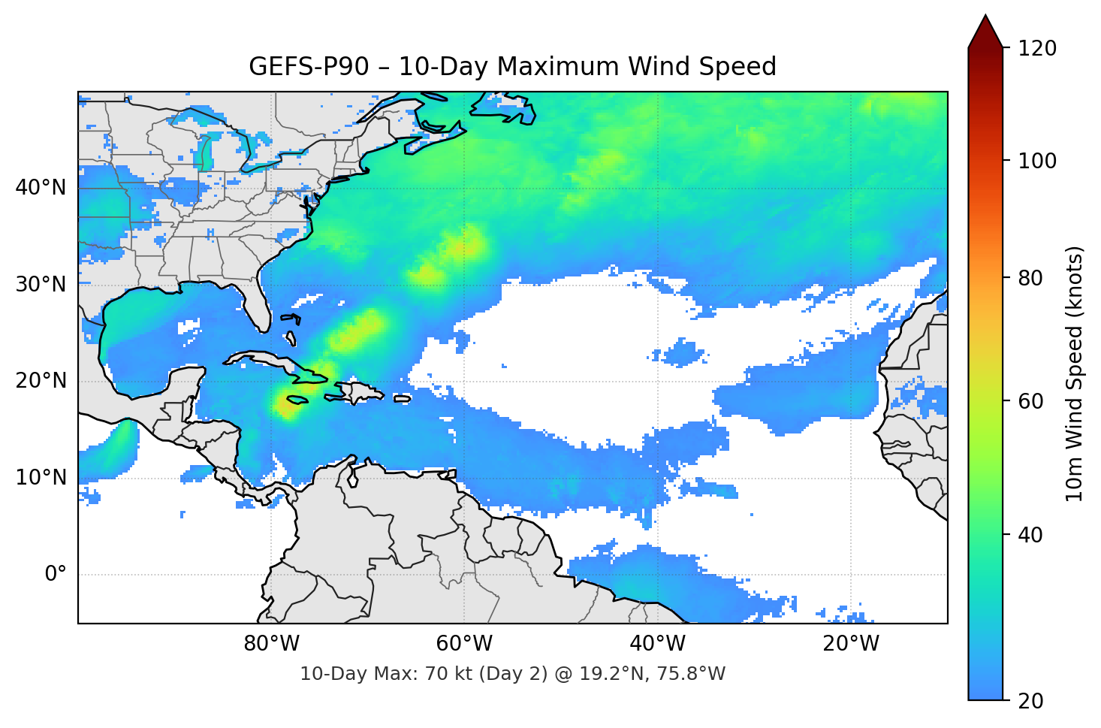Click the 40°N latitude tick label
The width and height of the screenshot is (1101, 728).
click(x=41, y=188)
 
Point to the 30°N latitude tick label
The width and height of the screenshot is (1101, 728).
click(x=41, y=285)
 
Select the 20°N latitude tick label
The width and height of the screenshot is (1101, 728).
click(x=41, y=381)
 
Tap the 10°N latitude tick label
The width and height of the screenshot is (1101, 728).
click(x=41, y=478)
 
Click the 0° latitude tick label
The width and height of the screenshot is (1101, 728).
click(x=56, y=575)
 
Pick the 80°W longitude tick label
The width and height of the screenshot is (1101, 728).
click(x=272, y=644)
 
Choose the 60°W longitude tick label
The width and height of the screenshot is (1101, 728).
click(x=465, y=644)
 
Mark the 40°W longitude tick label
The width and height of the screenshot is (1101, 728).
click(x=658, y=644)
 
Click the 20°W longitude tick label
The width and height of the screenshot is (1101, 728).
click(x=851, y=644)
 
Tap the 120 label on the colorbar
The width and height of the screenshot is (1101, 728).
click(x=1037, y=49)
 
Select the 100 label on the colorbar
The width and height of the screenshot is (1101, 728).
click(x=1037, y=161)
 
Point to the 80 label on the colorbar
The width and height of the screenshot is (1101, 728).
click(x=1032, y=278)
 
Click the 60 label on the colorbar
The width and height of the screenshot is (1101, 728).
click(x=1032, y=401)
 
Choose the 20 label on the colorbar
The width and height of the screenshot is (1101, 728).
click(x=1032, y=701)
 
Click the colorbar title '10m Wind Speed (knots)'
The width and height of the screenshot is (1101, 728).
click(x=1075, y=374)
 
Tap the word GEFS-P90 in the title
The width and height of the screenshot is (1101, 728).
click(x=309, y=67)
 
